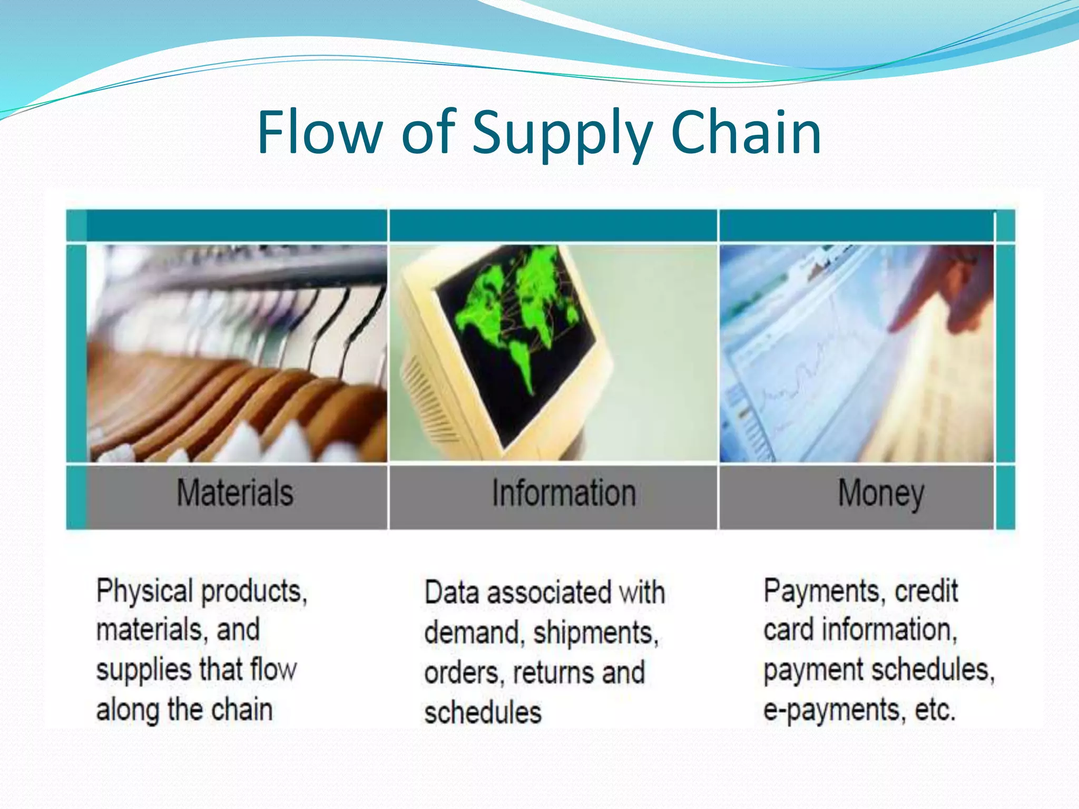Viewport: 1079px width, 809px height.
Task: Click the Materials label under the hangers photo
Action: point(235,494)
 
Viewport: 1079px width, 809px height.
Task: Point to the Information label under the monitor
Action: point(564,494)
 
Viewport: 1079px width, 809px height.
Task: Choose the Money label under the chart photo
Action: point(881,494)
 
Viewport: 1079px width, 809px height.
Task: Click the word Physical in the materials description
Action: point(144,591)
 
